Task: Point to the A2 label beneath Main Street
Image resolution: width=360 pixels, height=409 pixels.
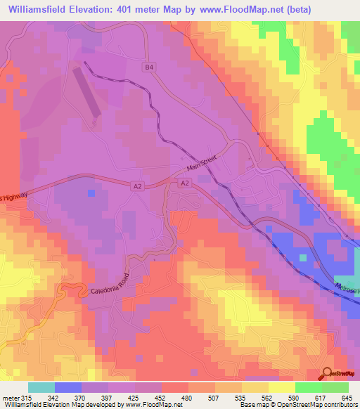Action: [184, 183]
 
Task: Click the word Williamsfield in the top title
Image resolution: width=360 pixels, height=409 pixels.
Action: [39, 8]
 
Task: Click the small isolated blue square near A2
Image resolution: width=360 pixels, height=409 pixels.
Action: [91, 192]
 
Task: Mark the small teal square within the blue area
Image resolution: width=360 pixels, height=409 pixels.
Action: [302, 257]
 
